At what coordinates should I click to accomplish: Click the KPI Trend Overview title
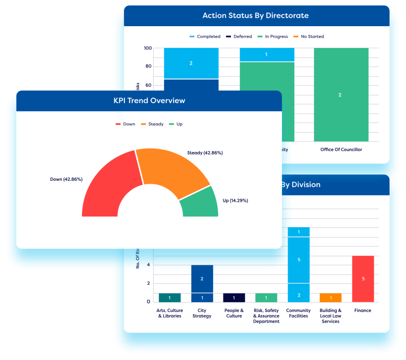pos(149,100)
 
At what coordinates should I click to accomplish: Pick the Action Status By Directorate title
pos(255,16)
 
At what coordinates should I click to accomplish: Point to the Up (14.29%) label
pos(235,201)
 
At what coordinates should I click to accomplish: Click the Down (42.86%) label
pos(66,179)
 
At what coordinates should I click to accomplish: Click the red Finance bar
pos(363,278)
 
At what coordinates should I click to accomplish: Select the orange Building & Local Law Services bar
pos(331,298)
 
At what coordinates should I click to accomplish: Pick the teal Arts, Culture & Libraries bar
pos(169,298)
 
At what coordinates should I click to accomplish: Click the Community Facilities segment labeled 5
pos(299,260)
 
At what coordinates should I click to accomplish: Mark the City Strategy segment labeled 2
pos(202,279)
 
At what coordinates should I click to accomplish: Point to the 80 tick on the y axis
pos(147,66)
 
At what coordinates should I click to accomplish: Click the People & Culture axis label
pos(234,313)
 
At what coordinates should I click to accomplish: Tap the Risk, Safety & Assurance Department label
pos(266,316)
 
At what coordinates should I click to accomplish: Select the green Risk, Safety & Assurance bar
pos(266,298)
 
